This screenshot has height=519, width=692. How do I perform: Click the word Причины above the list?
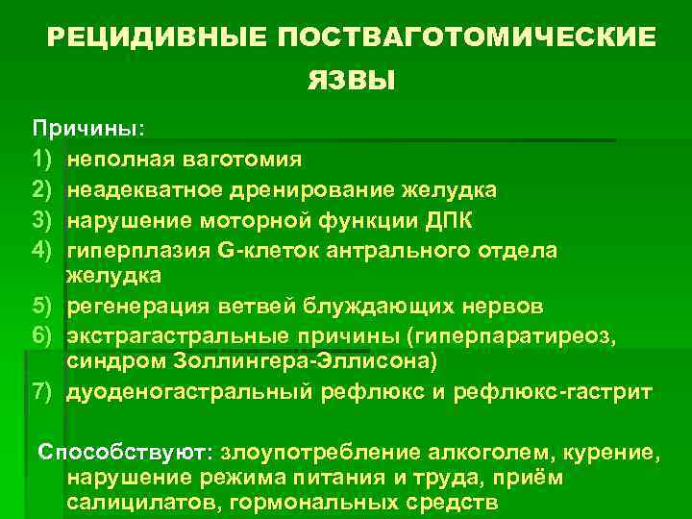pos(85,128)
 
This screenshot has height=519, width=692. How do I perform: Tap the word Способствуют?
pos(126,451)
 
